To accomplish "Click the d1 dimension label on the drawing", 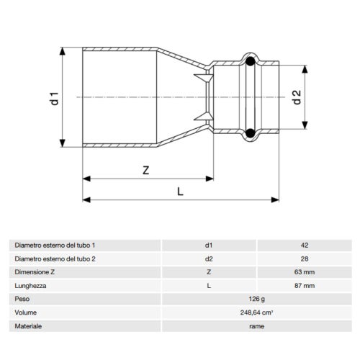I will pos(53,97).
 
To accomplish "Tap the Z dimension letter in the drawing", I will pos(145,171).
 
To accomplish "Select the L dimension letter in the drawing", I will pos(181,191).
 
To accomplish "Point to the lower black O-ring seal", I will pos(250,132).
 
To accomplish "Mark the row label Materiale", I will pos(28,326).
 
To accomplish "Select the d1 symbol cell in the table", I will pos(209,246).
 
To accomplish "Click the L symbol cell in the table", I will pos(209,286).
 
